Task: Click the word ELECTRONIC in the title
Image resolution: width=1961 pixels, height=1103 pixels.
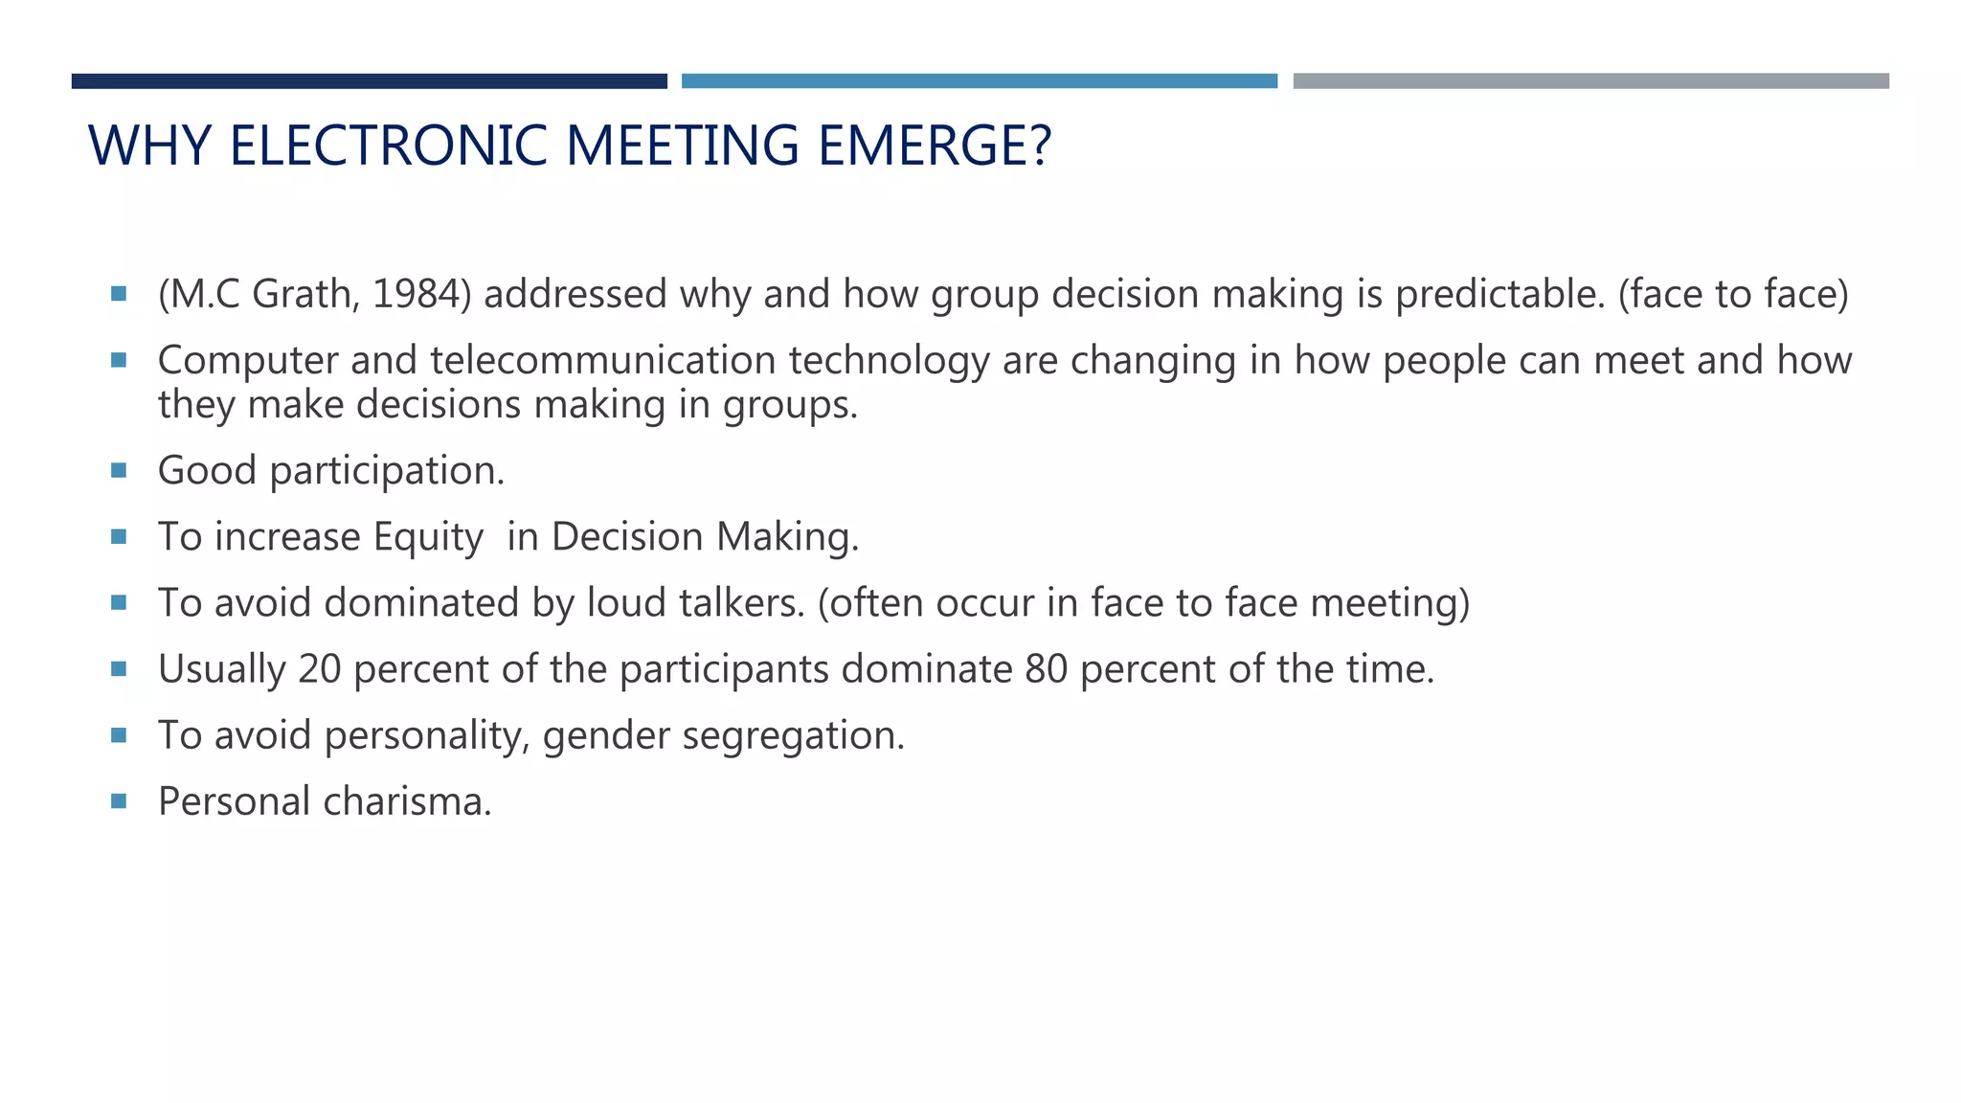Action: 390,146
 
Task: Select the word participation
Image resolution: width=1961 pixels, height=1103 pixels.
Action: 386,471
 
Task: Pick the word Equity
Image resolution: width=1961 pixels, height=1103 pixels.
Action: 428,537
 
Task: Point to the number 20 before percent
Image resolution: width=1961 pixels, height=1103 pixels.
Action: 320,669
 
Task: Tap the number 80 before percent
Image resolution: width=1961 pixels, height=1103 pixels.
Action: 1046,669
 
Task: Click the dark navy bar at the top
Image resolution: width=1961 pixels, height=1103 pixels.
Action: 369,81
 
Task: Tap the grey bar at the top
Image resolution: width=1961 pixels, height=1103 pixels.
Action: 1590,81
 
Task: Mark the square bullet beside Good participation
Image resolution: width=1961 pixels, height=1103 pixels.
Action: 119,470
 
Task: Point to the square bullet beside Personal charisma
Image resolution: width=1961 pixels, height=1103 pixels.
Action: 119,800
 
